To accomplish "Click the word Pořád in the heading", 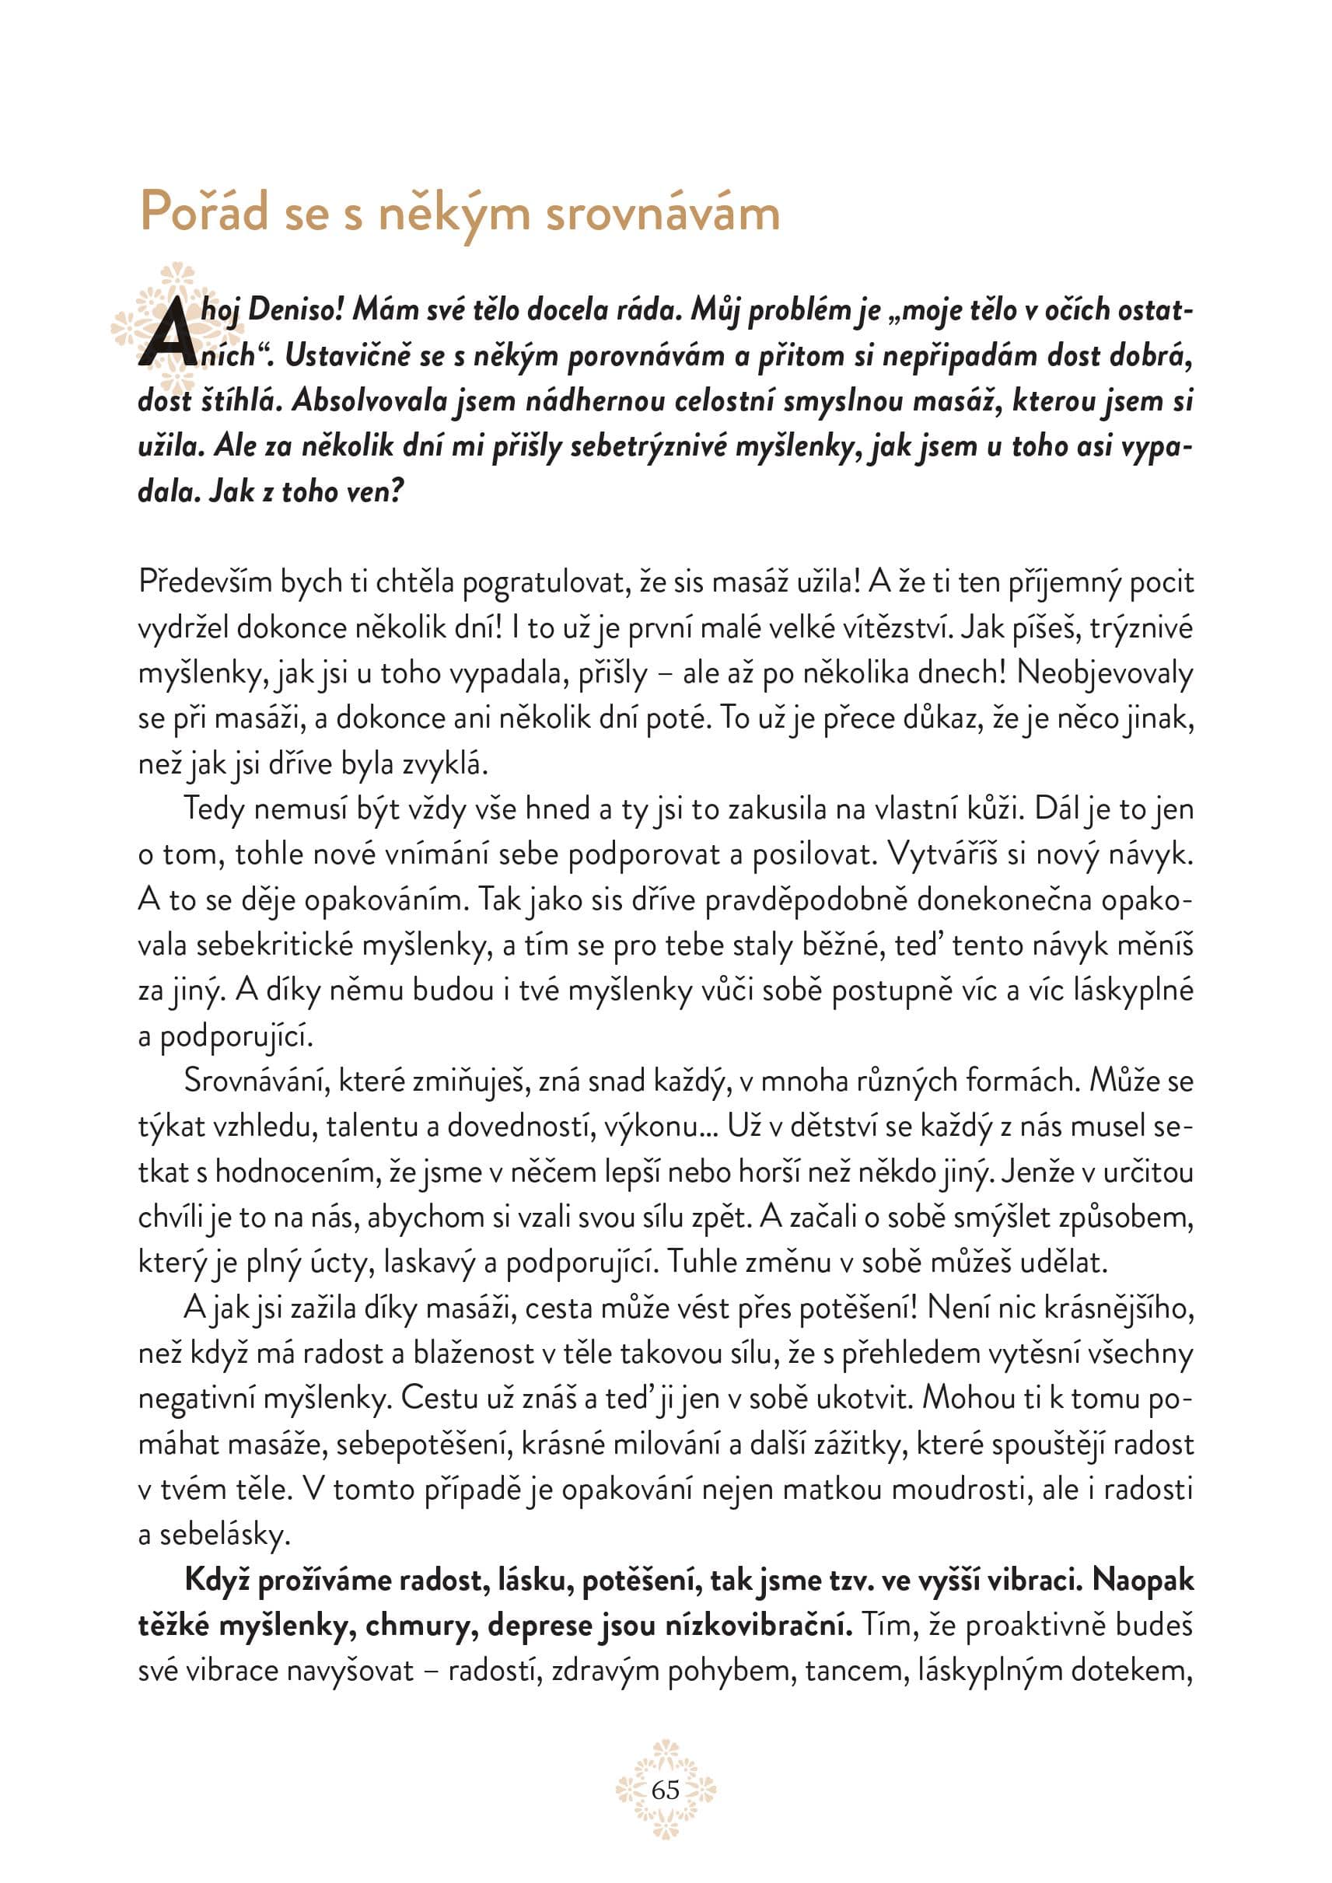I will click(x=205, y=211).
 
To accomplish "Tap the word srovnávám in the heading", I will click(x=663, y=213).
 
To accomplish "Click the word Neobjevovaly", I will click(x=1105, y=672).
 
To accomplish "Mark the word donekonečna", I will click(x=1004, y=900).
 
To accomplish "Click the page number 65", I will click(x=665, y=1790).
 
